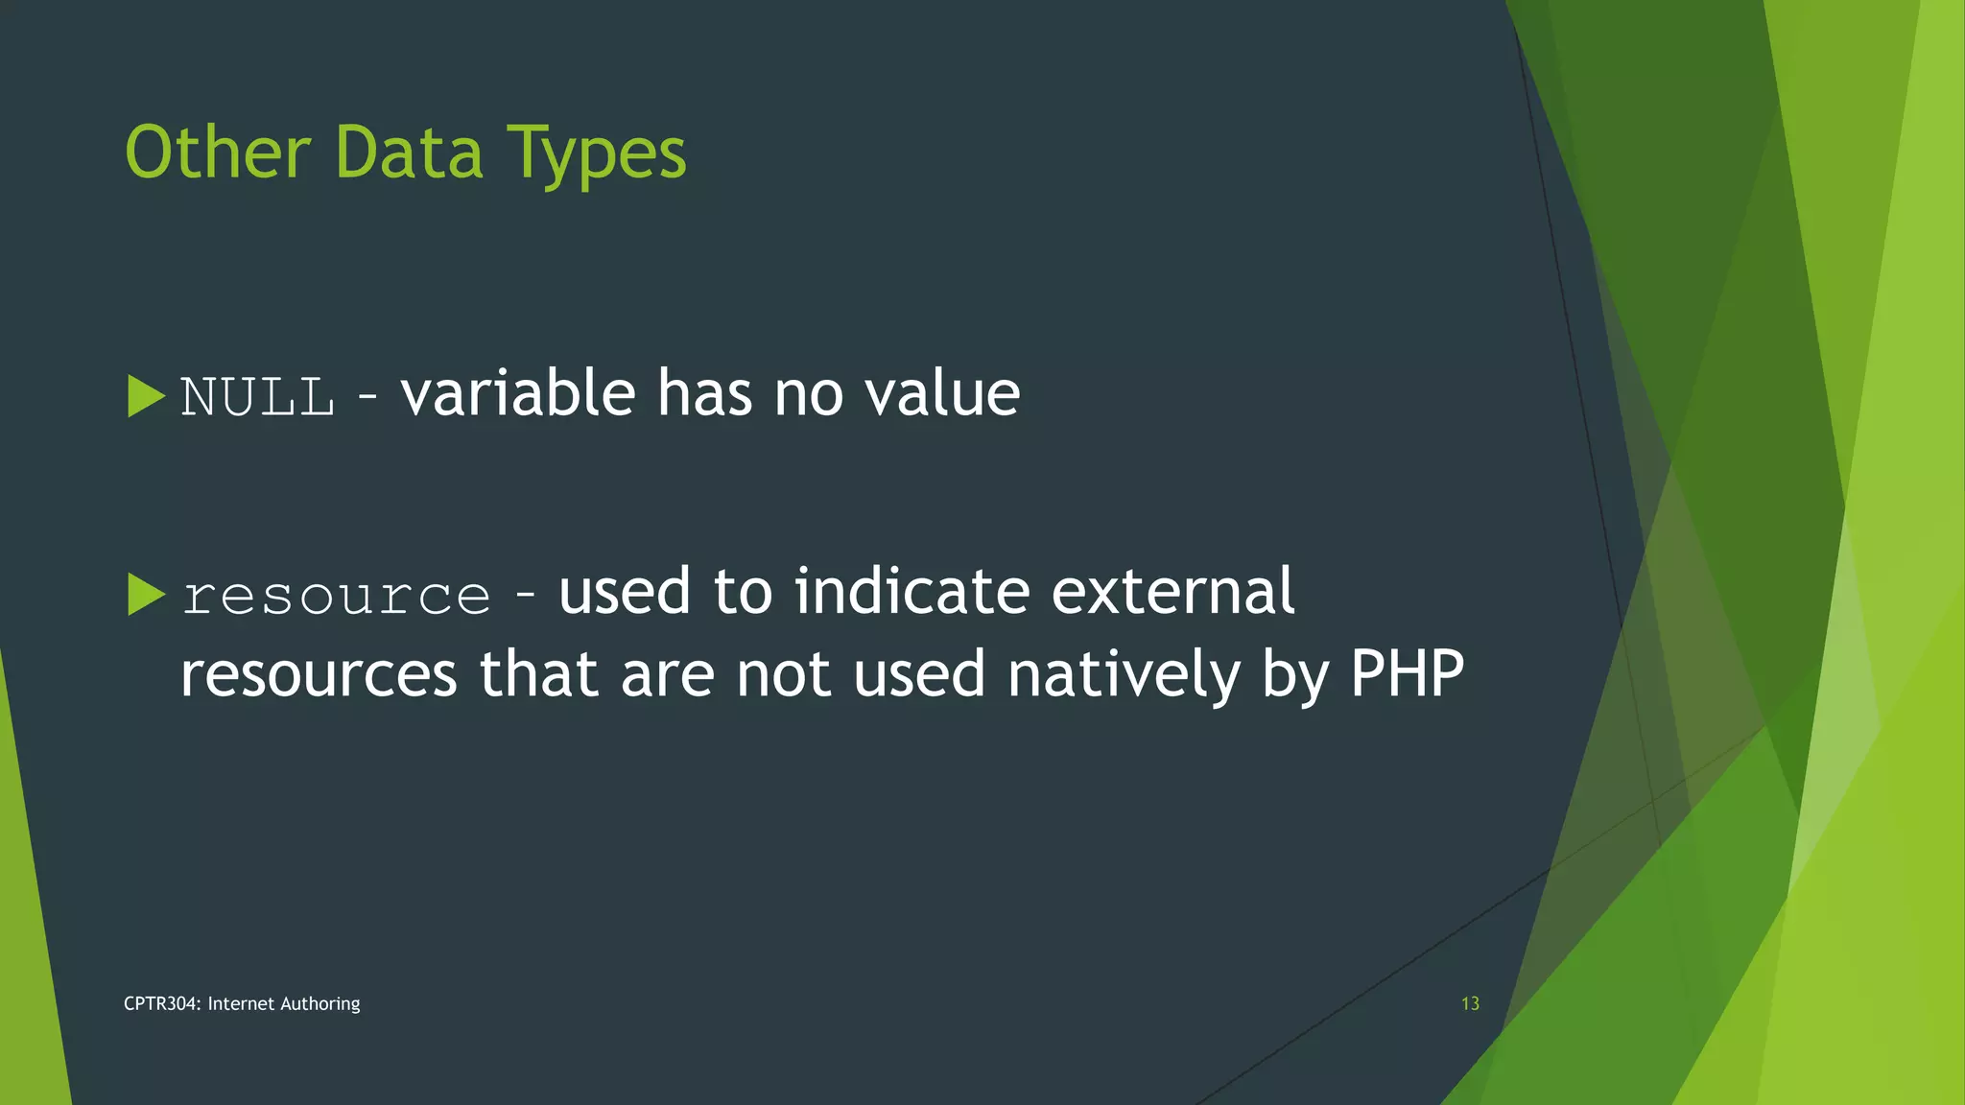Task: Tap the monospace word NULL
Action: [x=257, y=396]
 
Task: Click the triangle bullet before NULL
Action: [x=146, y=396]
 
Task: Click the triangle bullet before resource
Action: [x=146, y=595]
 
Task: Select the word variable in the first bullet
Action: [x=518, y=393]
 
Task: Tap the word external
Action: [x=1172, y=591]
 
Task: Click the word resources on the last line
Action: [x=319, y=674]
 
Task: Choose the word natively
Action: [x=1124, y=674]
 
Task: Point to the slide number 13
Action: [x=1470, y=1003]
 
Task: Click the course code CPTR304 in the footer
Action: [x=161, y=1003]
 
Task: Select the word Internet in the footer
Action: [x=241, y=1003]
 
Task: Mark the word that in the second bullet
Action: [x=538, y=673]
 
